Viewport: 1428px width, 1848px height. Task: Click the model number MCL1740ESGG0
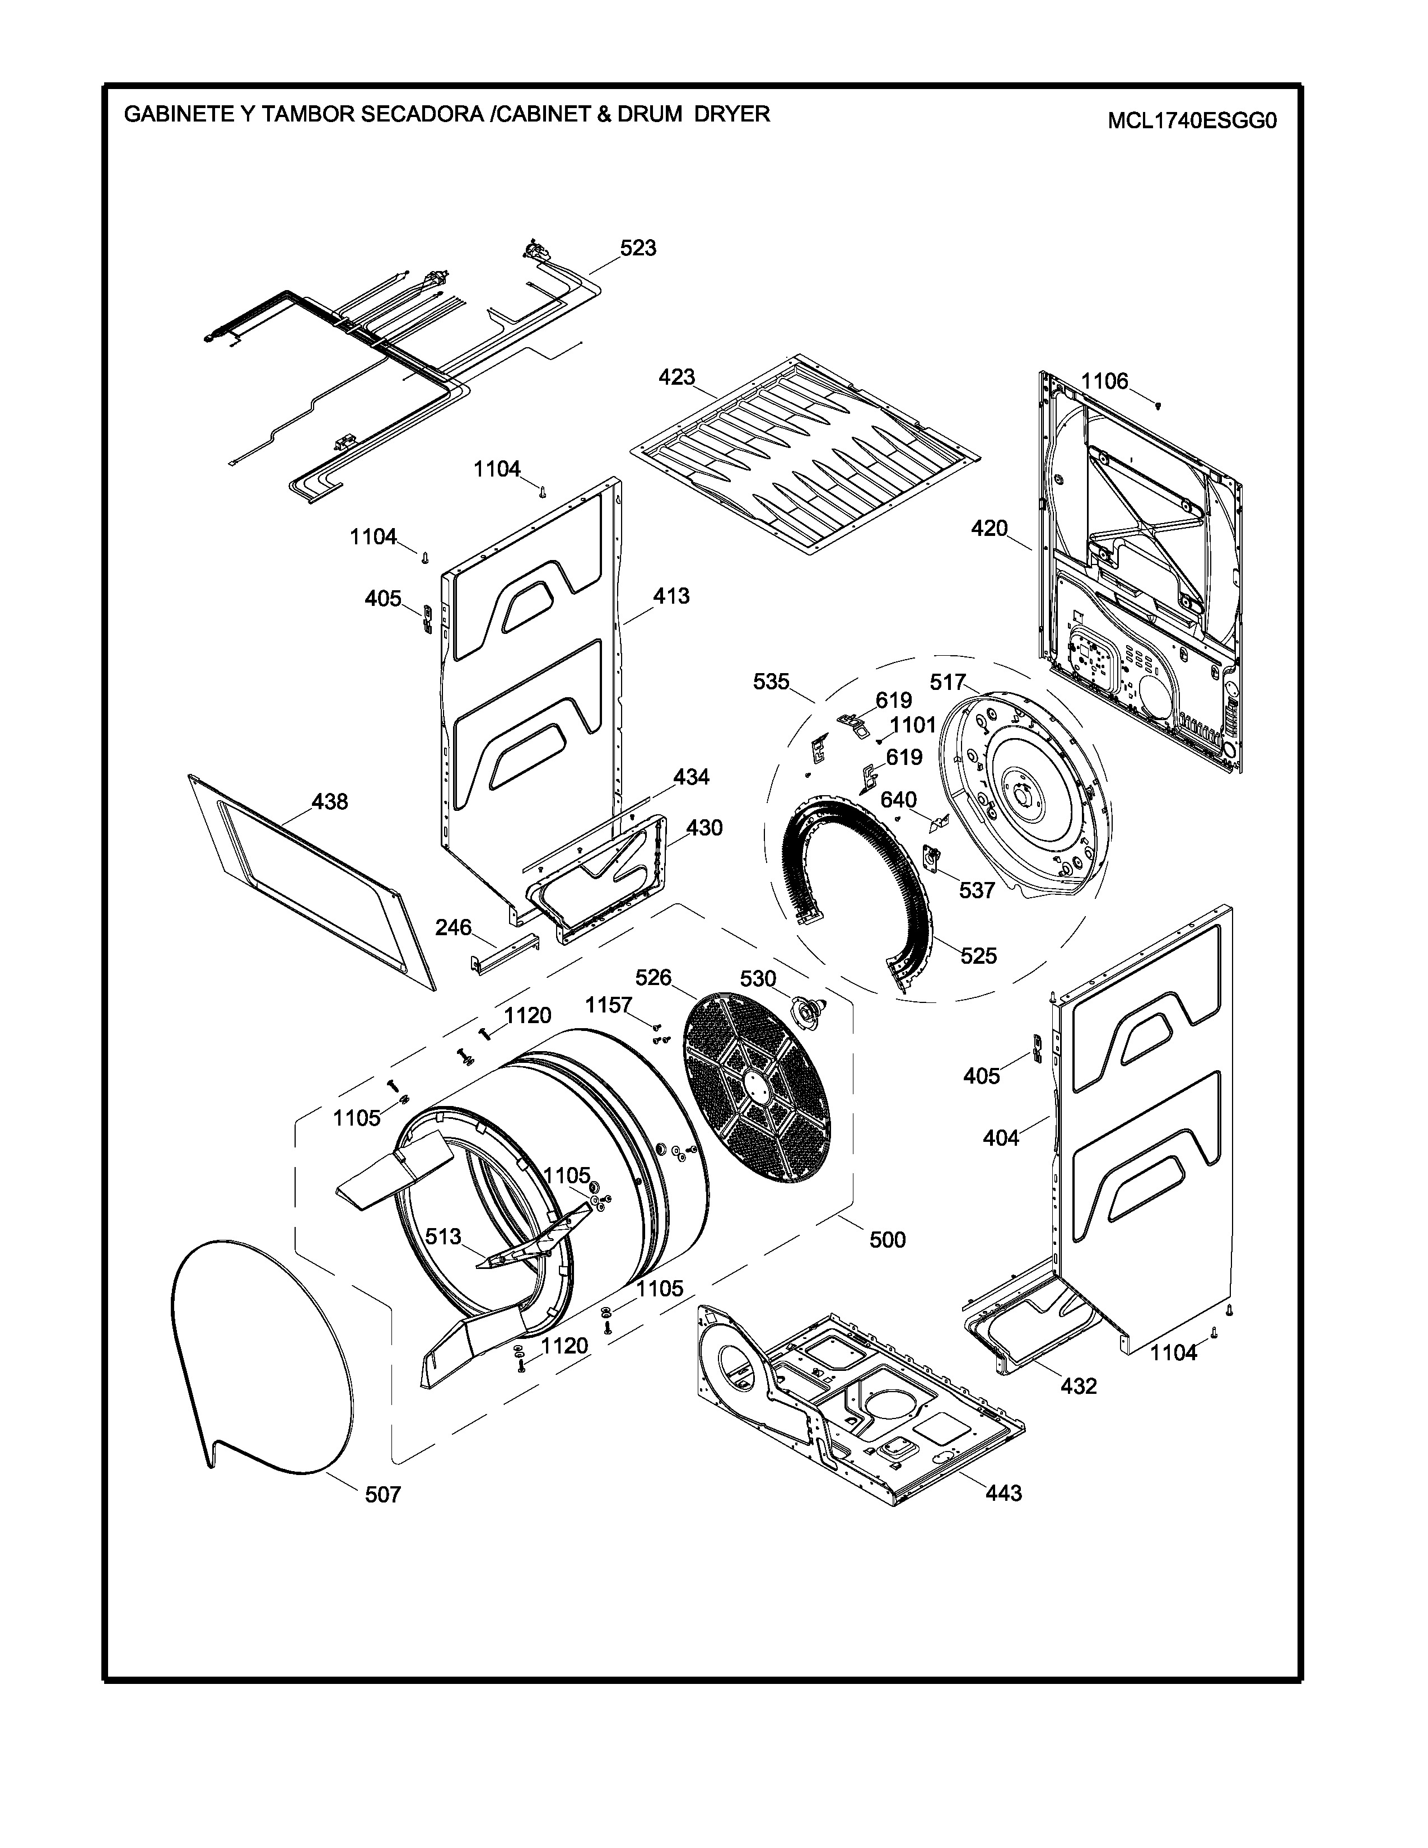tap(1191, 121)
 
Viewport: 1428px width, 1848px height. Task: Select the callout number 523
tap(638, 248)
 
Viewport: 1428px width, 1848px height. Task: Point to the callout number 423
tap(677, 376)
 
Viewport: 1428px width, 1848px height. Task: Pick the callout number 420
tap(989, 528)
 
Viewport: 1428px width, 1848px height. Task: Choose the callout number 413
tap(671, 596)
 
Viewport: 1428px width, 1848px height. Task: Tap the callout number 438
tap(329, 801)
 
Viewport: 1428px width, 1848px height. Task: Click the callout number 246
tap(454, 927)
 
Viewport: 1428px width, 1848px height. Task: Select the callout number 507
tap(382, 1495)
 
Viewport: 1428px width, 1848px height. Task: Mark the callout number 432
tap(1079, 1386)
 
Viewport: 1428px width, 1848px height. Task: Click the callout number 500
tap(888, 1240)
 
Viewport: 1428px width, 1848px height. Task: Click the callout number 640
tap(898, 800)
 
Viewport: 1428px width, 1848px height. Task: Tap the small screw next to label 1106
tap(1158, 405)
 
